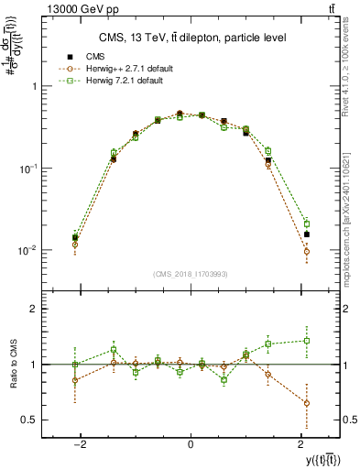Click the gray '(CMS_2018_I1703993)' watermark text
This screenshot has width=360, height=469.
tap(191, 275)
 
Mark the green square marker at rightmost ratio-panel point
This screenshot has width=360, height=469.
tap(307, 341)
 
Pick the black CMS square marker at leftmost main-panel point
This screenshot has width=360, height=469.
tap(75, 237)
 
